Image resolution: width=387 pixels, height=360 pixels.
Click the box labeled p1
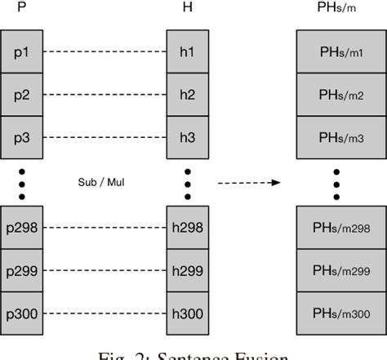click(22, 51)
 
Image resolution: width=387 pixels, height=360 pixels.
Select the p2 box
click(22, 94)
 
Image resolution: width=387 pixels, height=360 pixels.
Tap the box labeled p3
click(22, 136)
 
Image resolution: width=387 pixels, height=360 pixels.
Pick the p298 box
click(22, 226)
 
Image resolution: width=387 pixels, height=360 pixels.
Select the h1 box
click(188, 51)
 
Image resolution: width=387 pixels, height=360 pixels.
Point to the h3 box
click(188, 136)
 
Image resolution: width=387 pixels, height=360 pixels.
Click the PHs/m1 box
click(336, 51)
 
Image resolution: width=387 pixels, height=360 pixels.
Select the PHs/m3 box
click(336, 136)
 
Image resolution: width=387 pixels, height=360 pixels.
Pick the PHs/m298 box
click(336, 226)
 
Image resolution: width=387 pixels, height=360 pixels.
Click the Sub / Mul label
click(105, 182)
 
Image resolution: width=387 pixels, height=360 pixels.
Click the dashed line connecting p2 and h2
click(105, 94)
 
